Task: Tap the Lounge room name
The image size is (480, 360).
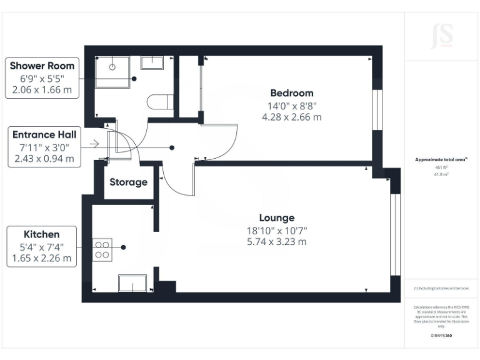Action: pyautogui.click(x=277, y=218)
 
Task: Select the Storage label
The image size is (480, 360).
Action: pyautogui.click(x=128, y=182)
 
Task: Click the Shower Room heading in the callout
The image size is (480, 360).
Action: pyautogui.click(x=42, y=66)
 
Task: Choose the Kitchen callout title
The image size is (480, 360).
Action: pyautogui.click(x=42, y=234)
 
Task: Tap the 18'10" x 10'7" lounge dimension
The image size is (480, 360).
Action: pyautogui.click(x=277, y=230)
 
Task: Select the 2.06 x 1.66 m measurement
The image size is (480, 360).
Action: pyautogui.click(x=42, y=90)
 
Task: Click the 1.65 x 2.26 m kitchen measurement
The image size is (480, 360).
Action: pyautogui.click(x=42, y=257)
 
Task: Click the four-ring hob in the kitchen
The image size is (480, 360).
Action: pyautogui.click(x=102, y=250)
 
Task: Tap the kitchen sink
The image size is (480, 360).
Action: pyautogui.click(x=133, y=283)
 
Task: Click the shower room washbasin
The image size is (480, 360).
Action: pyautogui.click(x=151, y=62)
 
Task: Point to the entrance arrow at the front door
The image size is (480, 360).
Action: pyautogui.click(x=94, y=144)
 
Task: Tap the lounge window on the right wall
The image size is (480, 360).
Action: pyautogui.click(x=394, y=235)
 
